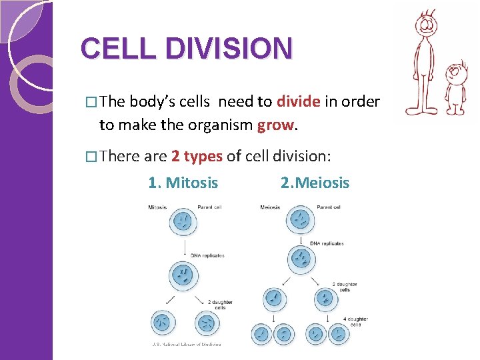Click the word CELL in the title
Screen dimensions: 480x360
(x=111, y=49)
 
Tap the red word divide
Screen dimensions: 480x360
(x=299, y=101)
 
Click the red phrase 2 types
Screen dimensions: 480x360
(x=197, y=156)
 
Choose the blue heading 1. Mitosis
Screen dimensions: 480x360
(x=183, y=182)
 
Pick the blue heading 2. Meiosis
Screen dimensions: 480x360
(x=315, y=182)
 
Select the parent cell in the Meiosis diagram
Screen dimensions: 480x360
(x=301, y=219)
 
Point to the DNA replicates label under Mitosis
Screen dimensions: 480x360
(x=207, y=255)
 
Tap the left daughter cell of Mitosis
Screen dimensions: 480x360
(x=161, y=323)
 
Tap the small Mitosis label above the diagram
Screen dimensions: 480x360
(x=157, y=207)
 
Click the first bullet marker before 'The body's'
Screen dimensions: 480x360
(x=92, y=102)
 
